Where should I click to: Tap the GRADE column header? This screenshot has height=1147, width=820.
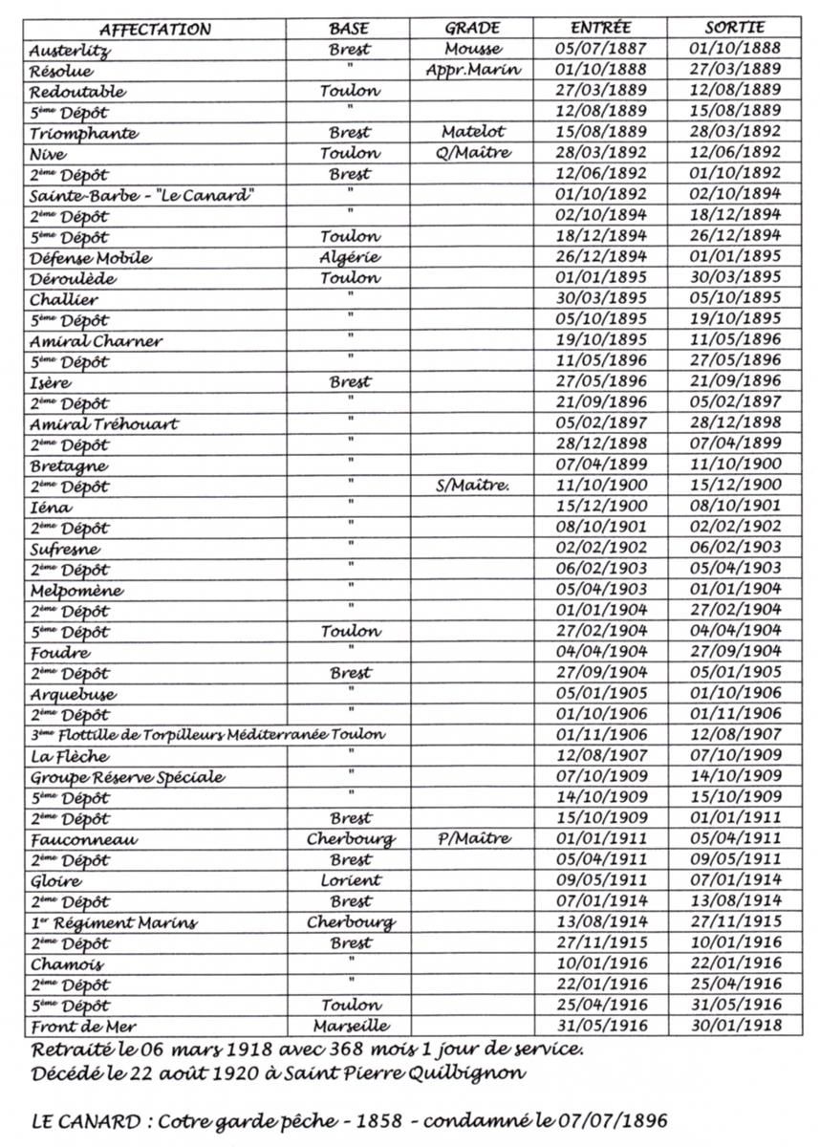tap(472, 28)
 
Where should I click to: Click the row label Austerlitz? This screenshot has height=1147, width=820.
tap(71, 51)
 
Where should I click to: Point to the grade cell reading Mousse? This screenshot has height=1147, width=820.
tap(472, 50)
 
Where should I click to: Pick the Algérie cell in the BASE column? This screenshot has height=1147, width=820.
tap(351, 257)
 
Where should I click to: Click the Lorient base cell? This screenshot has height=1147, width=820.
tap(351, 880)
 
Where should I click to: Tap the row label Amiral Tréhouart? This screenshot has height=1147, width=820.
tap(104, 423)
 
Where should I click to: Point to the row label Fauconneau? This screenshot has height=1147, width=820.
tap(83, 840)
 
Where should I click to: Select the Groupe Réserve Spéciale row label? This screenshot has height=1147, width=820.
tap(127, 777)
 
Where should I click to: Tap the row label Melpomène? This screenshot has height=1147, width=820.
tap(76, 591)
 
